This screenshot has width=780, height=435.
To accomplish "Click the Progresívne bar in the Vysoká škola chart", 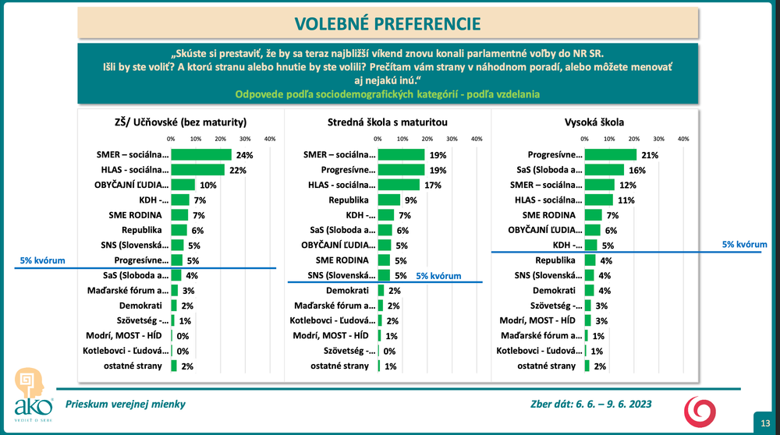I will [x=610, y=154].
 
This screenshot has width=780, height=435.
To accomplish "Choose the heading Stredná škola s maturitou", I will [x=387, y=122].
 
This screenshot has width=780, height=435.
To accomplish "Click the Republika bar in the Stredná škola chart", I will [x=388, y=200].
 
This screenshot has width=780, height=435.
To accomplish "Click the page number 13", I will [x=765, y=423].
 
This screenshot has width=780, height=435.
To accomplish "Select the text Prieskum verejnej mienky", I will [x=126, y=404].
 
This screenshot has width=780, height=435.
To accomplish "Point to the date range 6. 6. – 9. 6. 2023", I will [x=612, y=404].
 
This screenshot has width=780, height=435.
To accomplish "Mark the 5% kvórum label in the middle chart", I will [x=438, y=276].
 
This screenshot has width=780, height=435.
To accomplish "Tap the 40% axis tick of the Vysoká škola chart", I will [x=683, y=138].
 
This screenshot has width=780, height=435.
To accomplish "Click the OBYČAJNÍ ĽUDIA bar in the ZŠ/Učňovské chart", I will [x=183, y=185].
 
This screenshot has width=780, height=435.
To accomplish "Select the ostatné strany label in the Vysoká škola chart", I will [x=547, y=366].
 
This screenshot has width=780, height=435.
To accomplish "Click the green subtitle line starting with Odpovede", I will [x=389, y=94].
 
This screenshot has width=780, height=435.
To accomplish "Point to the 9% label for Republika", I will [x=410, y=200].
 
